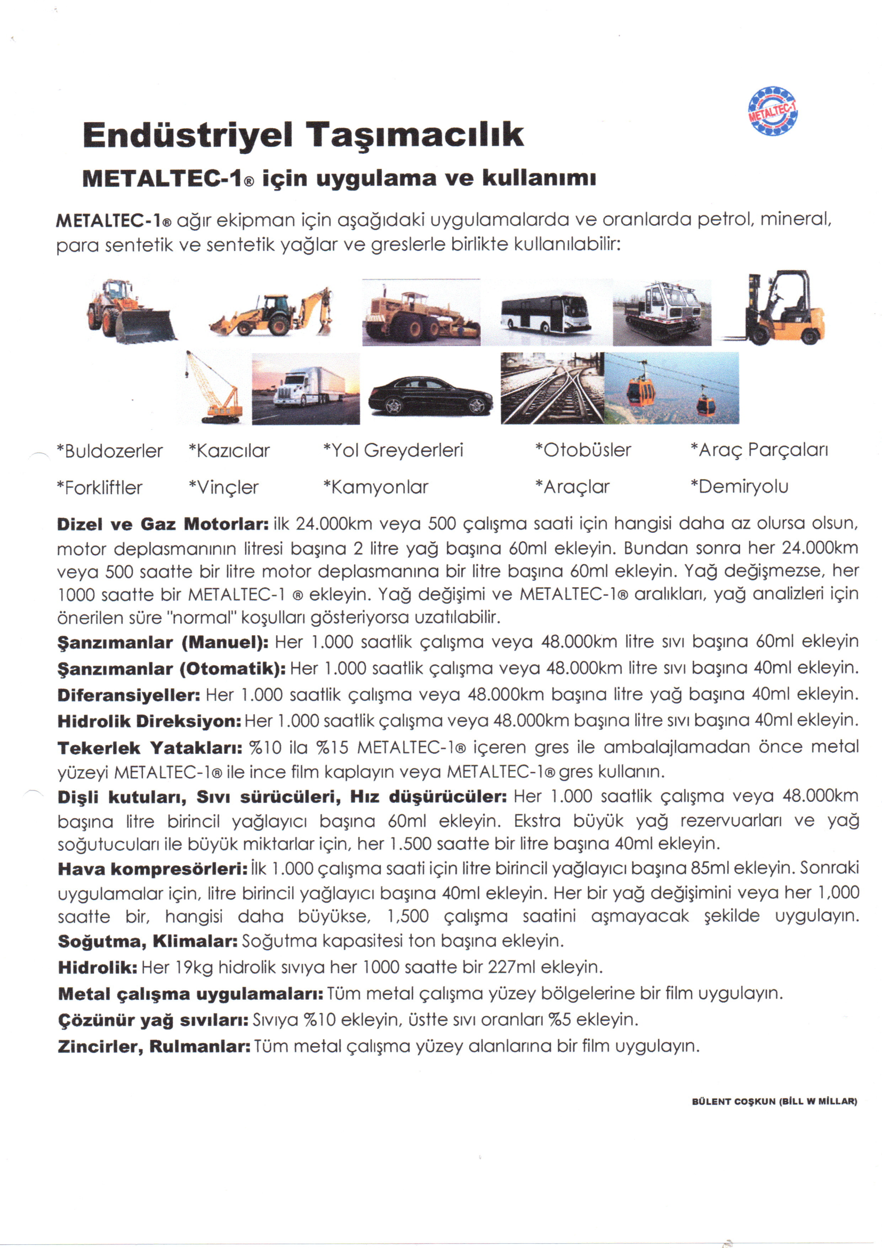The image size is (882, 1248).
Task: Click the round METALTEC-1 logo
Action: pos(773,110)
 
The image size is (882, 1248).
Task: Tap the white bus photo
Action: pos(546,313)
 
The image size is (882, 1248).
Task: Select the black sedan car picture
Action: pos(430,394)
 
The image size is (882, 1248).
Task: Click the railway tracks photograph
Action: pos(552,388)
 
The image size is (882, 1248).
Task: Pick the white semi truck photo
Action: pos(305,388)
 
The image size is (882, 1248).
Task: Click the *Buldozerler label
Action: pos(110,451)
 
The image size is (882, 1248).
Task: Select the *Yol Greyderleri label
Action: pos(393,451)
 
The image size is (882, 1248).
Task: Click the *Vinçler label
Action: pos(223,487)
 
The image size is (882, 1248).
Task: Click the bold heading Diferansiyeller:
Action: pos(129,695)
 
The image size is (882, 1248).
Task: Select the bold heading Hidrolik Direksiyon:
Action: pos(149,721)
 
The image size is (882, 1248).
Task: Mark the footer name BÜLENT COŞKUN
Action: pos(734,1102)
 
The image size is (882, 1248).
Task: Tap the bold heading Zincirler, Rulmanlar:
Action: pos(154,1046)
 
